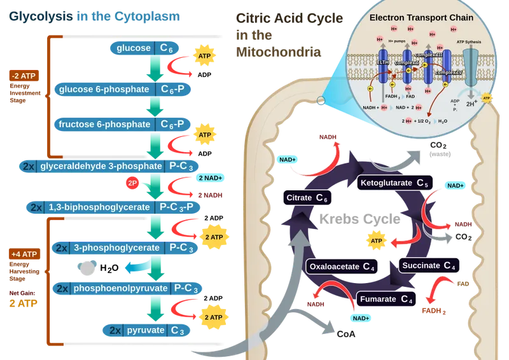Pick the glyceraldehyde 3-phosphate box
(x=109, y=166)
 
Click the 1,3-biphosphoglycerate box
(x=113, y=207)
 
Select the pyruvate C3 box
(x=146, y=331)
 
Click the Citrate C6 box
(x=307, y=198)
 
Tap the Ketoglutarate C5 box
(x=393, y=183)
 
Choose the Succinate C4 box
(x=428, y=265)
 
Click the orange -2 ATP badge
(x=24, y=76)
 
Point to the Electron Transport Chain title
(x=421, y=18)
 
